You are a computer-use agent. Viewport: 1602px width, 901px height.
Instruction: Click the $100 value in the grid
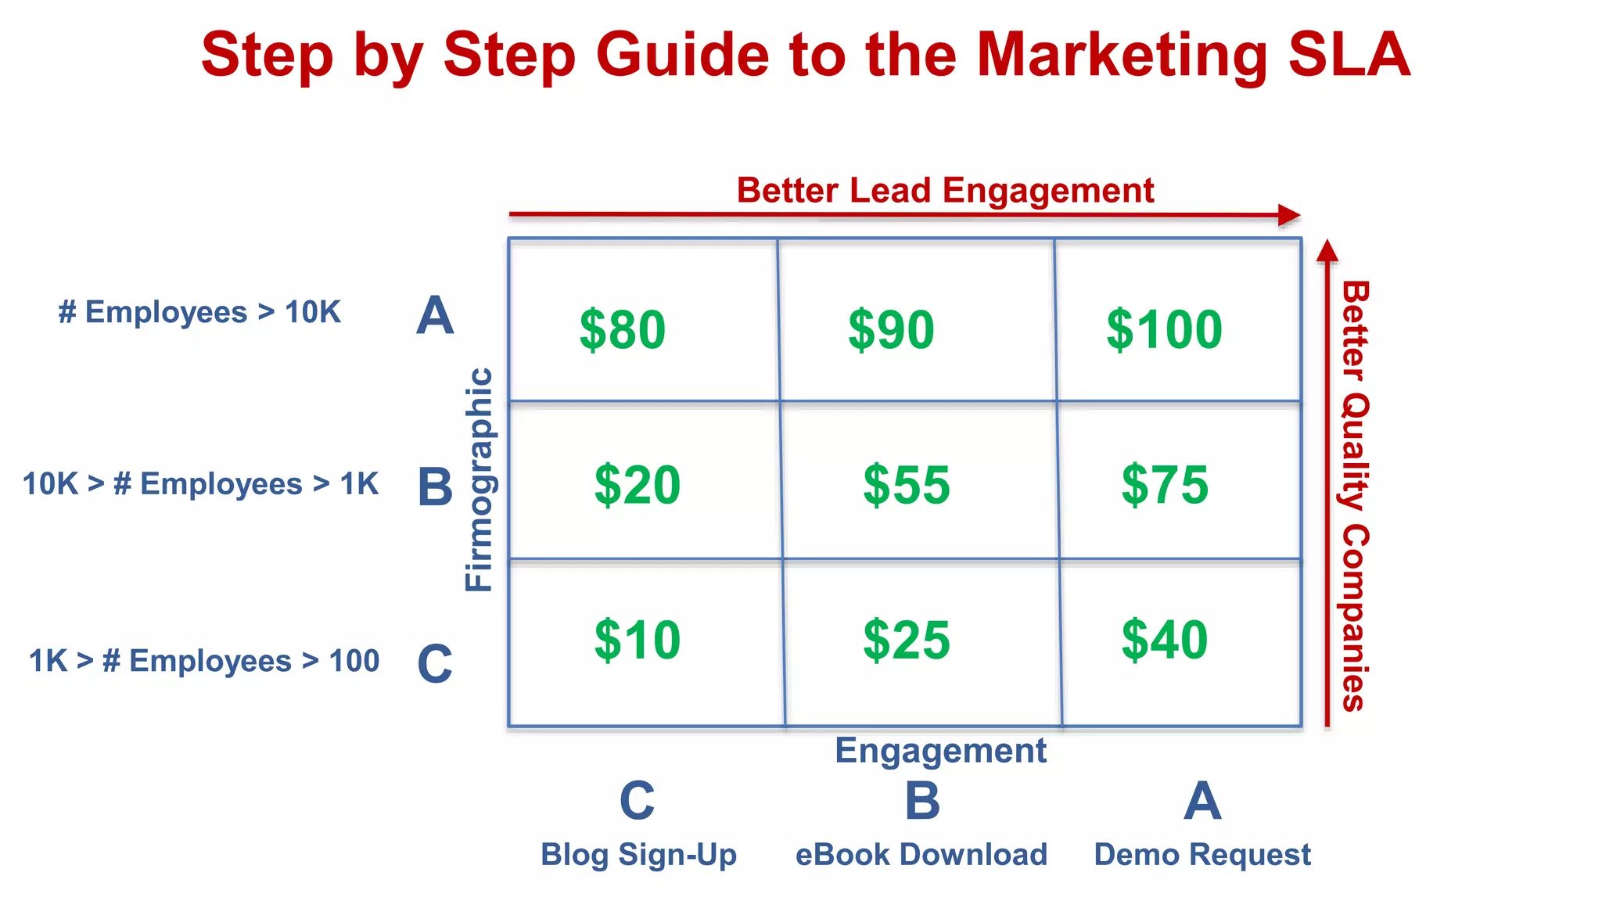click(1164, 329)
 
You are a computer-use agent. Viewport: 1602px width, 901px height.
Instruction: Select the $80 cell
click(622, 329)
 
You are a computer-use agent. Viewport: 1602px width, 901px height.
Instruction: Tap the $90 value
click(891, 329)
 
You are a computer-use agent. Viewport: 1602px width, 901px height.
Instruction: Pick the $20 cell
click(637, 485)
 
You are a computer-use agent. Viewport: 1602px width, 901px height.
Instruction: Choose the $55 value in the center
click(906, 485)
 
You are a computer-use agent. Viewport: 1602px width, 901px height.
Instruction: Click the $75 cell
click(1164, 485)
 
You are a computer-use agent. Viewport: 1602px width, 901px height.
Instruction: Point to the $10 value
click(637, 640)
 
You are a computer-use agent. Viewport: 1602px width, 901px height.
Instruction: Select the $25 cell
click(906, 640)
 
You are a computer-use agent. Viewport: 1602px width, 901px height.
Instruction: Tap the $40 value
click(1164, 640)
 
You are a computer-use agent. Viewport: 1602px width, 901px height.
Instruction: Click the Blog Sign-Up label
click(638, 855)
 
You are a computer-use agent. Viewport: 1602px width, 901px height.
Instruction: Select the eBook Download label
click(921, 855)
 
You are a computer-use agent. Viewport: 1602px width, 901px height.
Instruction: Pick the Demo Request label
click(1201, 855)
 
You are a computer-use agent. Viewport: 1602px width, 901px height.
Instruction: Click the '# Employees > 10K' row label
click(199, 312)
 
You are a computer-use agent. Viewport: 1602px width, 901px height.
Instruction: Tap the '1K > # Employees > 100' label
click(203, 661)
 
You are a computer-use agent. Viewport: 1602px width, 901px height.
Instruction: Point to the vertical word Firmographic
click(479, 479)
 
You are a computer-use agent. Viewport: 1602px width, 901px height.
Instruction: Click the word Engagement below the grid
click(940, 751)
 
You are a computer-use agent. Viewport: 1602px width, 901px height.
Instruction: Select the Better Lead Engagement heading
click(945, 191)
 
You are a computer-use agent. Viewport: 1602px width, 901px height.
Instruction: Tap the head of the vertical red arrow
click(1327, 249)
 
